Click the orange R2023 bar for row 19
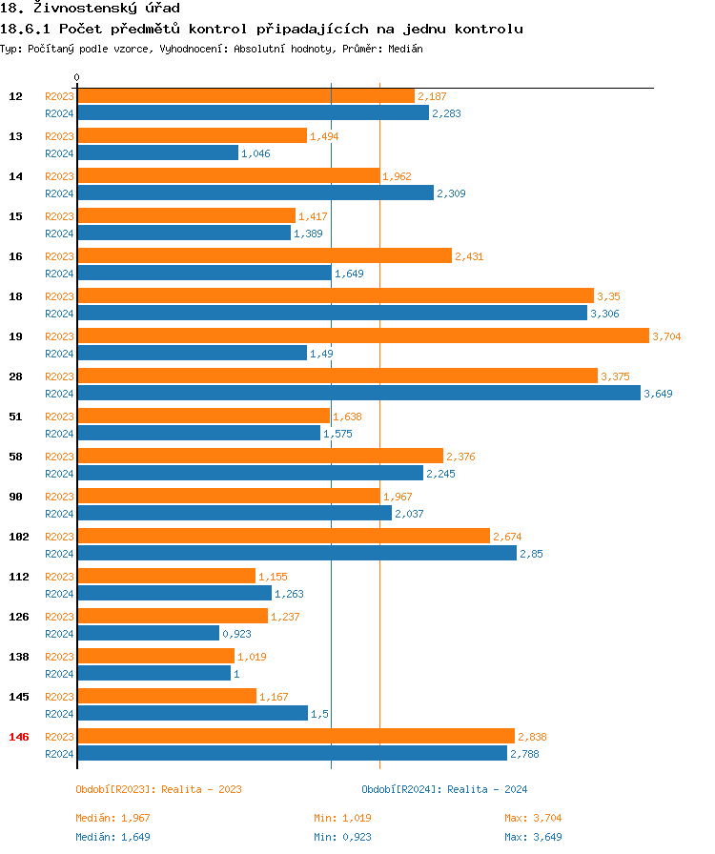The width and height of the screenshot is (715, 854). (362, 335)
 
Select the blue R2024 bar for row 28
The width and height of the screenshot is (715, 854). (358, 393)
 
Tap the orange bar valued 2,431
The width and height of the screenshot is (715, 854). (264, 255)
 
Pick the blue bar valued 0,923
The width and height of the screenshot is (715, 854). (148, 633)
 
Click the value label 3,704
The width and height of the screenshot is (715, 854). (666, 336)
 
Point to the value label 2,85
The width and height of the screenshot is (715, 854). (531, 554)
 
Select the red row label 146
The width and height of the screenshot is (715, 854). (19, 737)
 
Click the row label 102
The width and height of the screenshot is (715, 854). (19, 537)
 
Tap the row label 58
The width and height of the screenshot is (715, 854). (16, 457)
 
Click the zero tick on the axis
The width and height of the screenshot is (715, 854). (76, 78)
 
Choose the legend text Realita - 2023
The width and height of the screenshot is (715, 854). (201, 789)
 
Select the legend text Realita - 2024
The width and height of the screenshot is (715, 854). (487, 789)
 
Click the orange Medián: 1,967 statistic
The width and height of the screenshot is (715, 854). (112, 818)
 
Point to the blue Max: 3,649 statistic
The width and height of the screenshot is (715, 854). (533, 837)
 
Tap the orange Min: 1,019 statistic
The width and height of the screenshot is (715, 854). (342, 818)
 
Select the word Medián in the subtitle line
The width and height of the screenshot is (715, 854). (405, 49)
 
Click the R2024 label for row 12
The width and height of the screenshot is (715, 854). (59, 113)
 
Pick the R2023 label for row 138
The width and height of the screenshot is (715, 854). (59, 657)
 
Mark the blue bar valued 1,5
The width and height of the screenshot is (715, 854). (192, 713)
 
